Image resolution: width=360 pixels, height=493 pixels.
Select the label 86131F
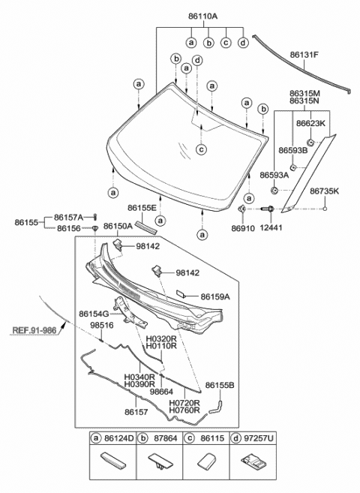pyautogui.click(x=304, y=55)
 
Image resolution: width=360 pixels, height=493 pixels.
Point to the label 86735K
pyautogui.click(x=324, y=191)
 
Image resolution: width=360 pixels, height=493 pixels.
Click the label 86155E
pyautogui.click(x=142, y=207)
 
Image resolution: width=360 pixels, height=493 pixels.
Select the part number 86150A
pyautogui.click(x=118, y=225)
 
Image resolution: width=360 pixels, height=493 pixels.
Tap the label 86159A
pyautogui.click(x=214, y=296)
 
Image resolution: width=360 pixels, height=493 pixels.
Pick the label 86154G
pyautogui.click(x=94, y=312)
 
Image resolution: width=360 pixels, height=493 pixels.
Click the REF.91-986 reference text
pyautogui.click(x=34, y=328)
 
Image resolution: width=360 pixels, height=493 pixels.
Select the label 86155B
pyautogui.click(x=220, y=385)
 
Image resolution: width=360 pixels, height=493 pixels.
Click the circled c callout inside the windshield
pyautogui.click(x=202, y=149)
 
